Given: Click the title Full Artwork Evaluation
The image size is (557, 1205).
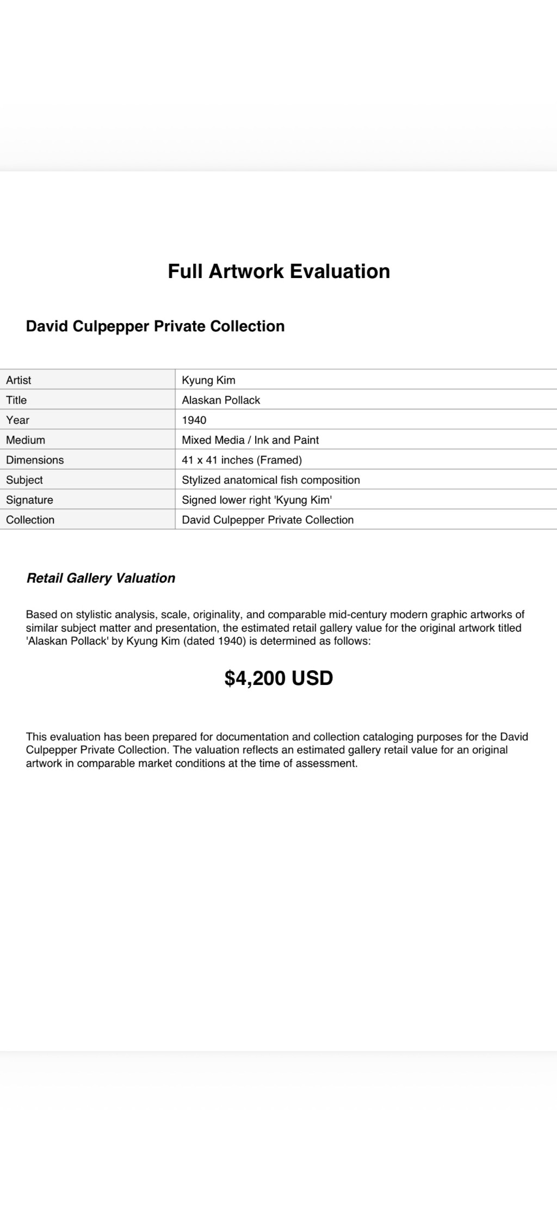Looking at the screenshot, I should pyautogui.click(x=278, y=271).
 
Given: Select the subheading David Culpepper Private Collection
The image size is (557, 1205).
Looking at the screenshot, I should pyautogui.click(x=155, y=326).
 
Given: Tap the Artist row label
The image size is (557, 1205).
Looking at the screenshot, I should pyautogui.click(x=18, y=380).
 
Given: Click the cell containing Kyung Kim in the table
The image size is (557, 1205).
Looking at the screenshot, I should pyautogui.click(x=208, y=380).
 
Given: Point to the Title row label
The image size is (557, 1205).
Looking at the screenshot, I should pyautogui.click(x=16, y=400).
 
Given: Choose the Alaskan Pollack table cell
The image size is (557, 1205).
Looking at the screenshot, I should pyautogui.click(x=221, y=400).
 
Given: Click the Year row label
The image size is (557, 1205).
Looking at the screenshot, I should pyautogui.click(x=18, y=420).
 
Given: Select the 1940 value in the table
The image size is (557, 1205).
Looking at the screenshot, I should pyautogui.click(x=194, y=420).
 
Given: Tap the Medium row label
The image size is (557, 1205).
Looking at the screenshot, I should pyautogui.click(x=26, y=440).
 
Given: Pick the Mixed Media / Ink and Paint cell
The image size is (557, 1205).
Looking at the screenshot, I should pyautogui.click(x=250, y=440).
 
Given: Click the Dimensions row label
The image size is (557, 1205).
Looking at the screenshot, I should pyautogui.click(x=35, y=460).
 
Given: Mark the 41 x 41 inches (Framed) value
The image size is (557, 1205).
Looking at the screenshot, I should pyautogui.click(x=242, y=460).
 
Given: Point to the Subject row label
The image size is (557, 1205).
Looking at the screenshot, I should pyautogui.click(x=24, y=480).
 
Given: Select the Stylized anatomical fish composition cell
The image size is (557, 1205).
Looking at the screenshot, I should pyautogui.click(x=271, y=480).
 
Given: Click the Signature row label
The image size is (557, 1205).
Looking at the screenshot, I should pyautogui.click(x=29, y=499).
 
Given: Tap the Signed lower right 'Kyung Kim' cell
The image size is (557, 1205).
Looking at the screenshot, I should pyautogui.click(x=257, y=499).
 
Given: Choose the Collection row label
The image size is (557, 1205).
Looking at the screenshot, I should pyautogui.click(x=30, y=520).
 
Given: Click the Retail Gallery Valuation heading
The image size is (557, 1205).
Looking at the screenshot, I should pyautogui.click(x=101, y=578).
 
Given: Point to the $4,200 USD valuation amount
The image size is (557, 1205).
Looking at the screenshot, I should pyautogui.click(x=278, y=678).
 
